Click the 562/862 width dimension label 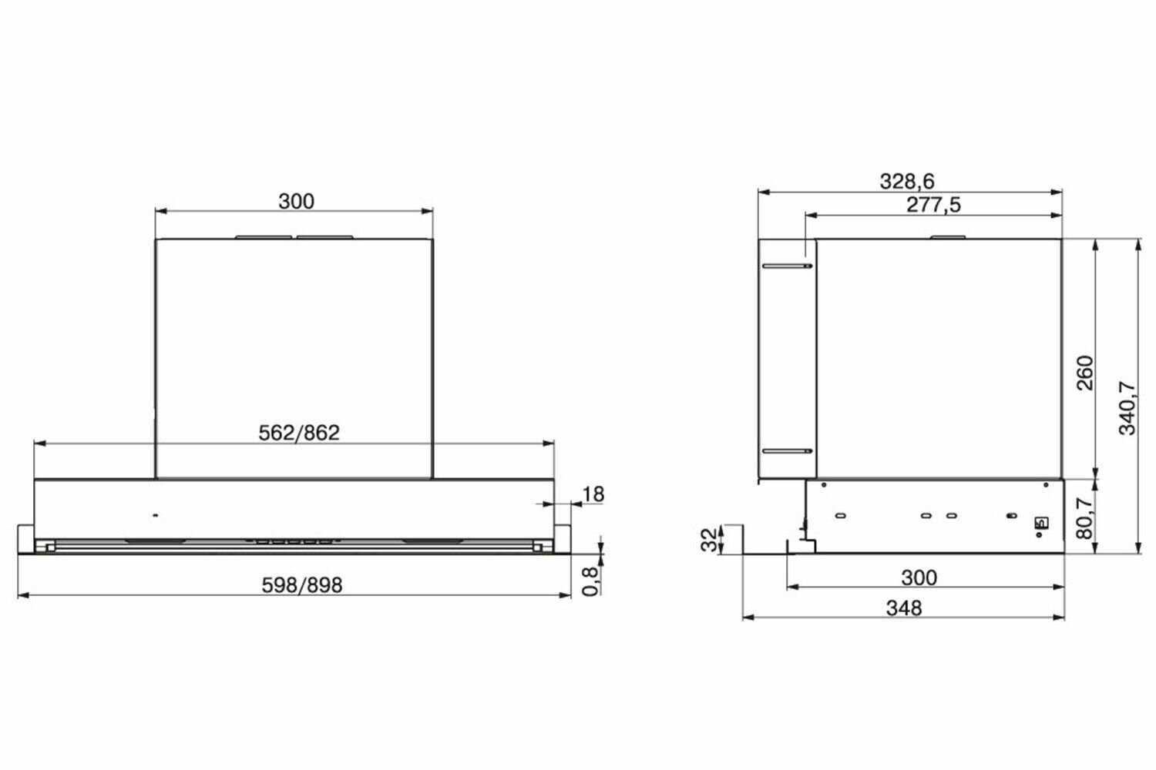(299, 433)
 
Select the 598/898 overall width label (302, 585)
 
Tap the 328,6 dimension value (907, 181)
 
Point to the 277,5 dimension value (933, 205)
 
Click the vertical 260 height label (1085, 373)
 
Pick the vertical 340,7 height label (1127, 407)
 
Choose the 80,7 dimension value (1085, 517)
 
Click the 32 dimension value (710, 540)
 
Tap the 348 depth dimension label (904, 608)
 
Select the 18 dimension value (593, 494)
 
